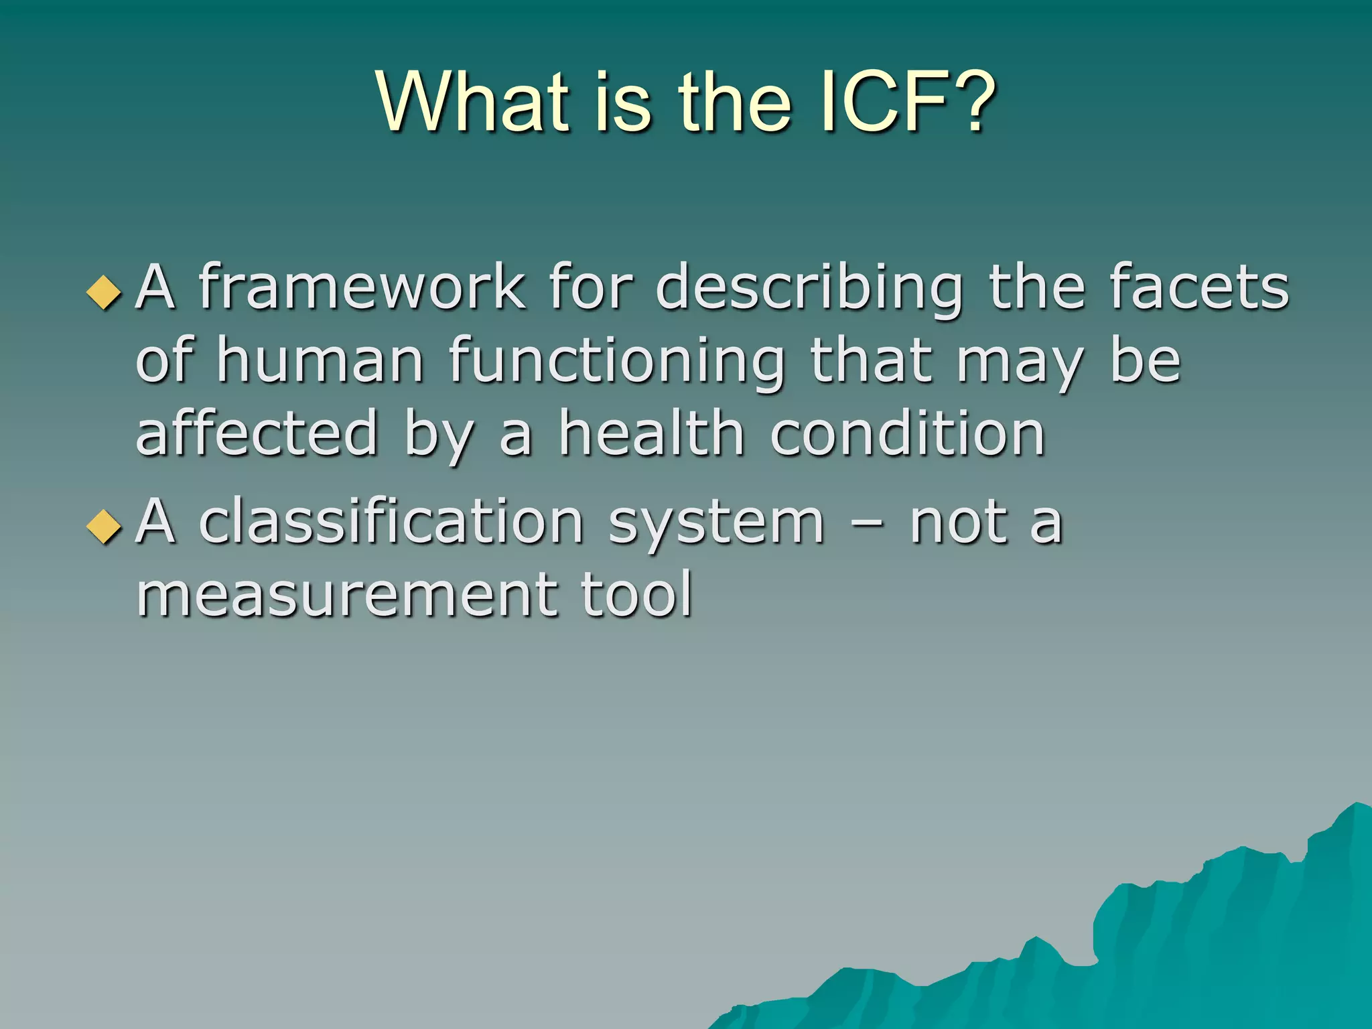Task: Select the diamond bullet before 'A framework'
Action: [x=105, y=293]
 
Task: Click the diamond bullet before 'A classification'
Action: [x=105, y=527]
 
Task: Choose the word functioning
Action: [x=616, y=362]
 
